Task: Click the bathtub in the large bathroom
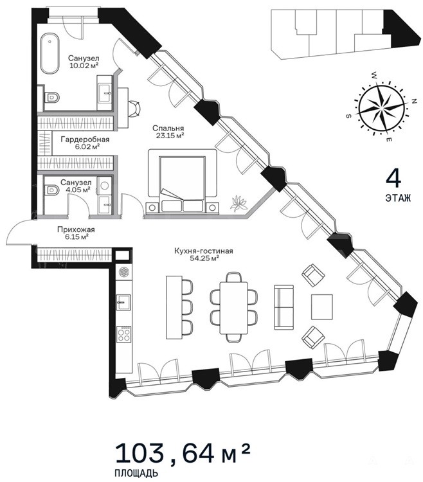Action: coord(50,53)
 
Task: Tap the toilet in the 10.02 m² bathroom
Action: coord(51,98)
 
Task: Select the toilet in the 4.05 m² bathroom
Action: coord(51,190)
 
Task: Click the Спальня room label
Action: coord(168,129)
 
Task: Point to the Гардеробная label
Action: coord(85,139)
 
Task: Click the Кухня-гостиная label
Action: coord(204,251)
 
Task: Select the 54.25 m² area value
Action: coord(204,258)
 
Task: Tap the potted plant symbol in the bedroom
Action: coord(239,203)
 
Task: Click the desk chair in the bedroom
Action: coord(134,109)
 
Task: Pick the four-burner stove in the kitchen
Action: coord(123,334)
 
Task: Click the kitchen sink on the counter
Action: coord(123,302)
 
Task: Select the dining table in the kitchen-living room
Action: coord(234,308)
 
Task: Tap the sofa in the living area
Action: coord(283,307)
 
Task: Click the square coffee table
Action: coord(322,307)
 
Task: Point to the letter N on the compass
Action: coord(414,101)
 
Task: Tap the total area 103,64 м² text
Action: coord(183,454)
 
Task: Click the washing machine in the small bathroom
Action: coord(105,185)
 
